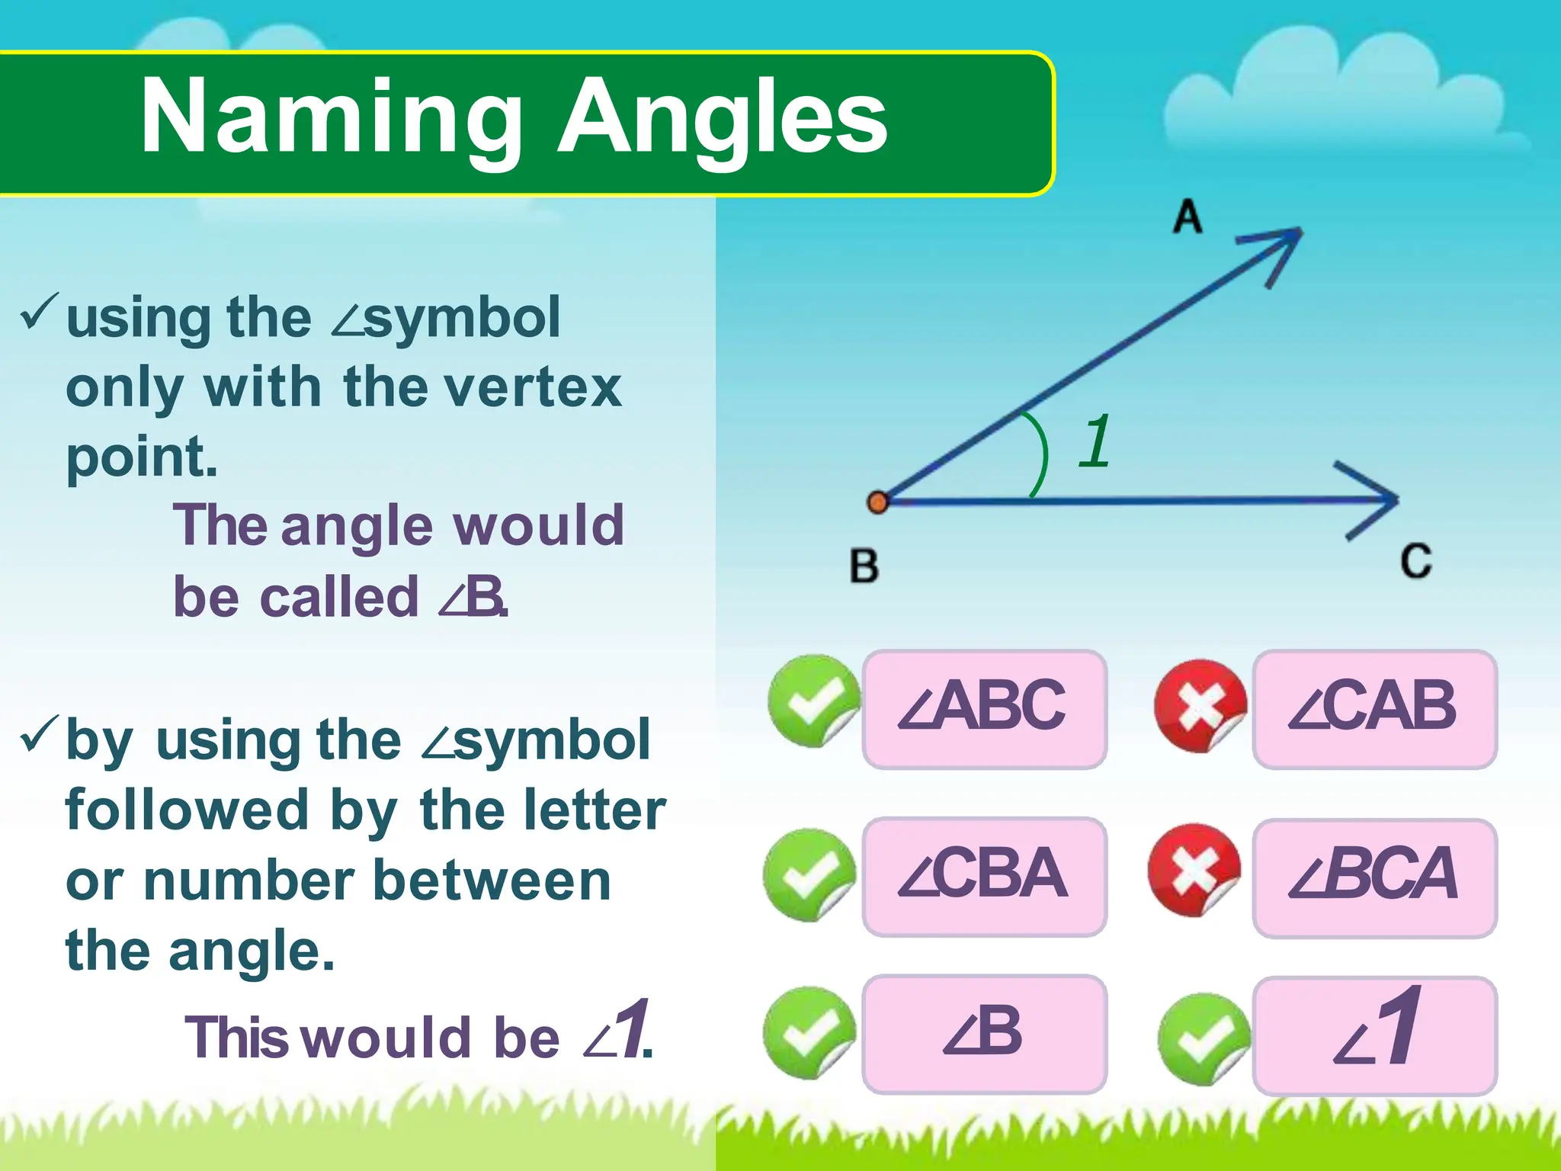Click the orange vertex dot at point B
coord(878,502)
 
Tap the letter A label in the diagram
coord(1188,217)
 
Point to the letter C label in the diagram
coord(1415,561)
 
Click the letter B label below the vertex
coord(864,566)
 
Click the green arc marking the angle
coord(1041,454)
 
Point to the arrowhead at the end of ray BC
coord(1380,500)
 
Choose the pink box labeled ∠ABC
coord(984,709)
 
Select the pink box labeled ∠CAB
coord(1374,709)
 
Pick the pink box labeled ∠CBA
coord(984,876)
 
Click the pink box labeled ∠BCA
coord(1374,877)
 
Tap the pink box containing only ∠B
coord(984,1034)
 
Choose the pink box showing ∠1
coord(1374,1035)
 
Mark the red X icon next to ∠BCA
coord(1194,870)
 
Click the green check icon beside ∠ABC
coord(813,700)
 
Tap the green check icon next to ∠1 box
coord(1203,1038)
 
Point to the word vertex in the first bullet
coord(533,387)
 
